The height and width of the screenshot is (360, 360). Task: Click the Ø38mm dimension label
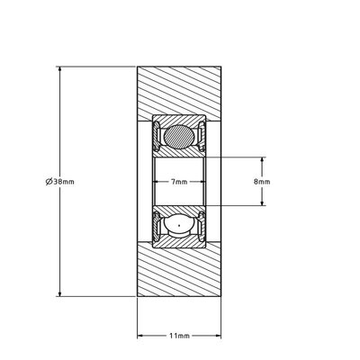pyautogui.click(x=59, y=181)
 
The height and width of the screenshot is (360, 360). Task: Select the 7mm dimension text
pyautogui.click(x=179, y=182)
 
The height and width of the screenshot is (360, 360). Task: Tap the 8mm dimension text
pyautogui.click(x=262, y=181)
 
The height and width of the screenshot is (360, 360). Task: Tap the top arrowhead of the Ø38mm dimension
pyautogui.click(x=59, y=68)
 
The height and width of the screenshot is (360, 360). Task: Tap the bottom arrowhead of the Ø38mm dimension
pyautogui.click(x=59, y=292)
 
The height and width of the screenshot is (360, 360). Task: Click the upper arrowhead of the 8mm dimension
pyautogui.click(x=262, y=159)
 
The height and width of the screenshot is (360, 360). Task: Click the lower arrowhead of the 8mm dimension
pyautogui.click(x=262, y=202)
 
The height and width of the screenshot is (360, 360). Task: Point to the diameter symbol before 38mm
pyautogui.click(x=48, y=181)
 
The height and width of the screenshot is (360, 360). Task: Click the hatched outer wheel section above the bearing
pyautogui.click(x=179, y=90)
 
